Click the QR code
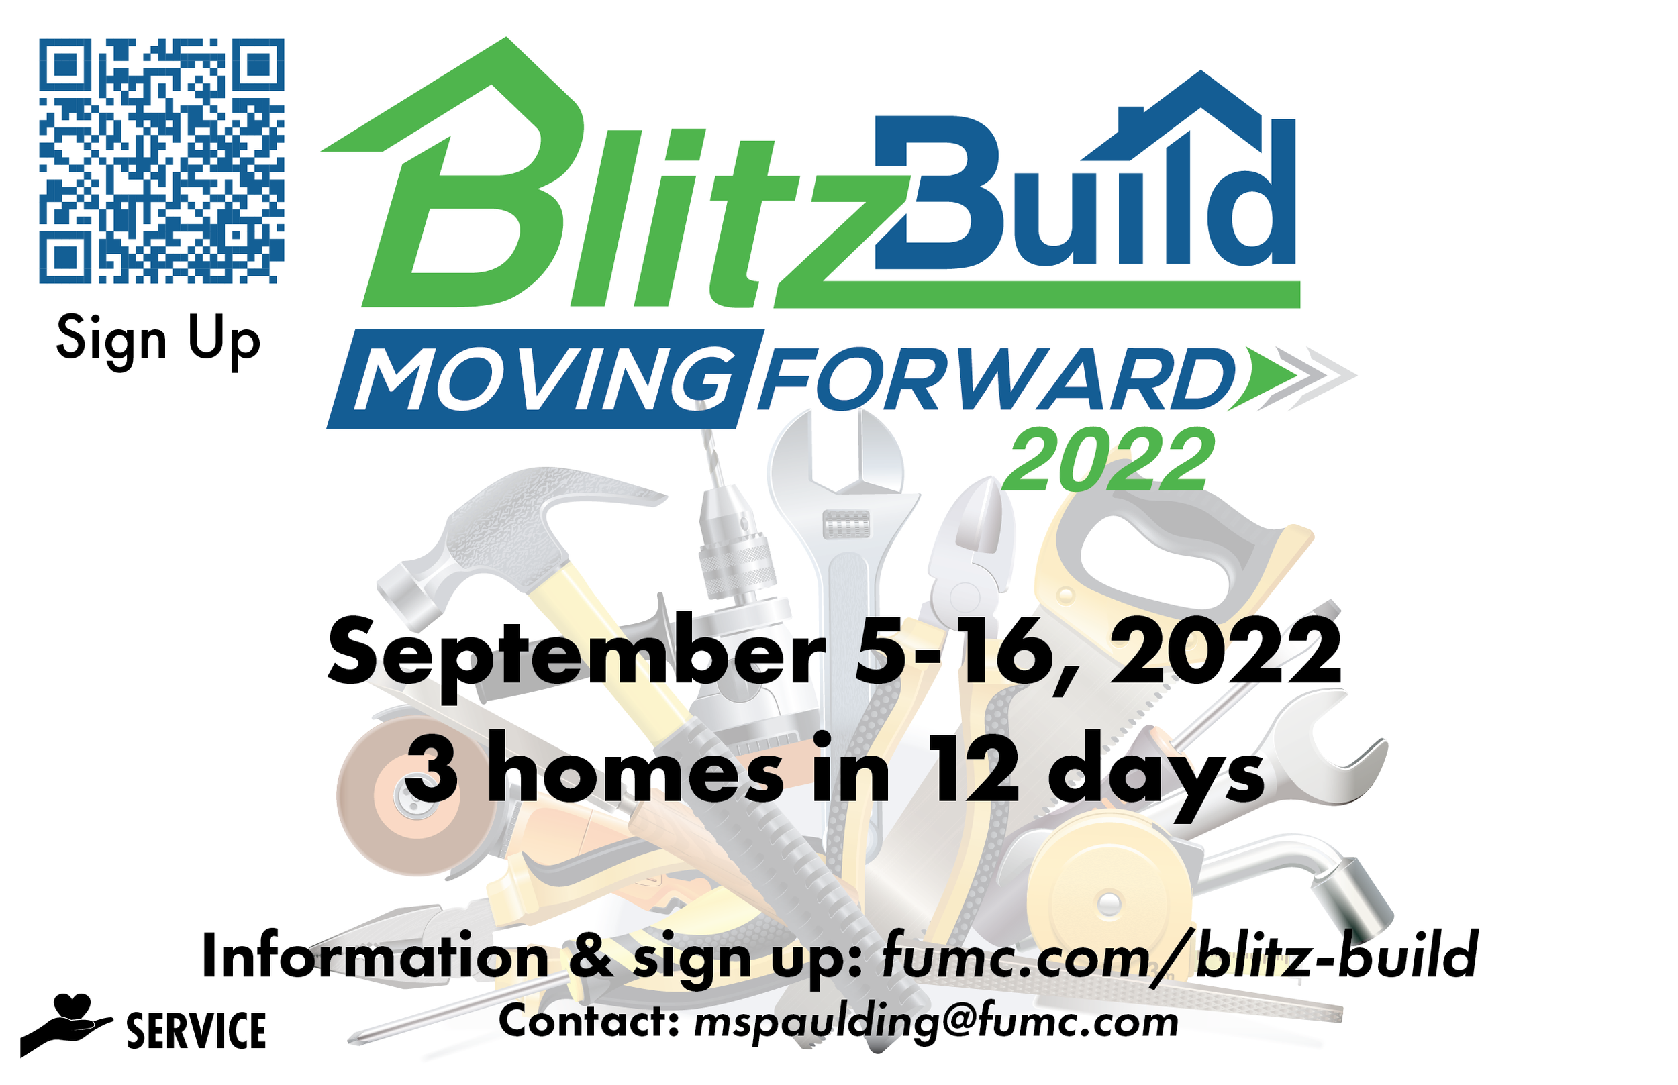(x=160, y=160)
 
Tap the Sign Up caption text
(x=158, y=340)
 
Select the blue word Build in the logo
(x=1078, y=197)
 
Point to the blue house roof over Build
(x=1191, y=113)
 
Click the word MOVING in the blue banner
(x=542, y=379)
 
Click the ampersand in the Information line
(x=591, y=957)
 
